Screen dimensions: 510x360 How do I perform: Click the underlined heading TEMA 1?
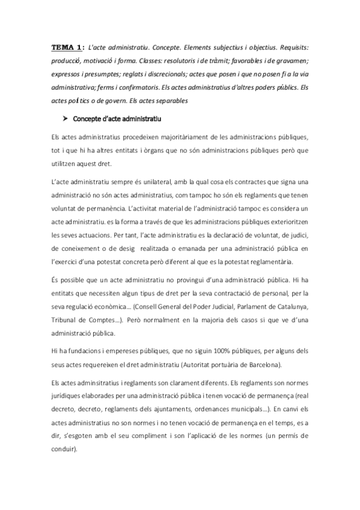67,46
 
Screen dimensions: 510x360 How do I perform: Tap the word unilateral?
162,182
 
